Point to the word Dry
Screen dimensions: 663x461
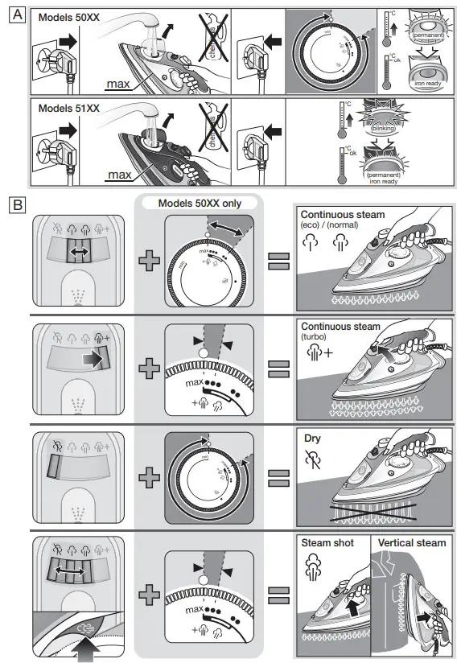click(312, 440)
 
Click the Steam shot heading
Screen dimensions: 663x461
click(327, 543)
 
